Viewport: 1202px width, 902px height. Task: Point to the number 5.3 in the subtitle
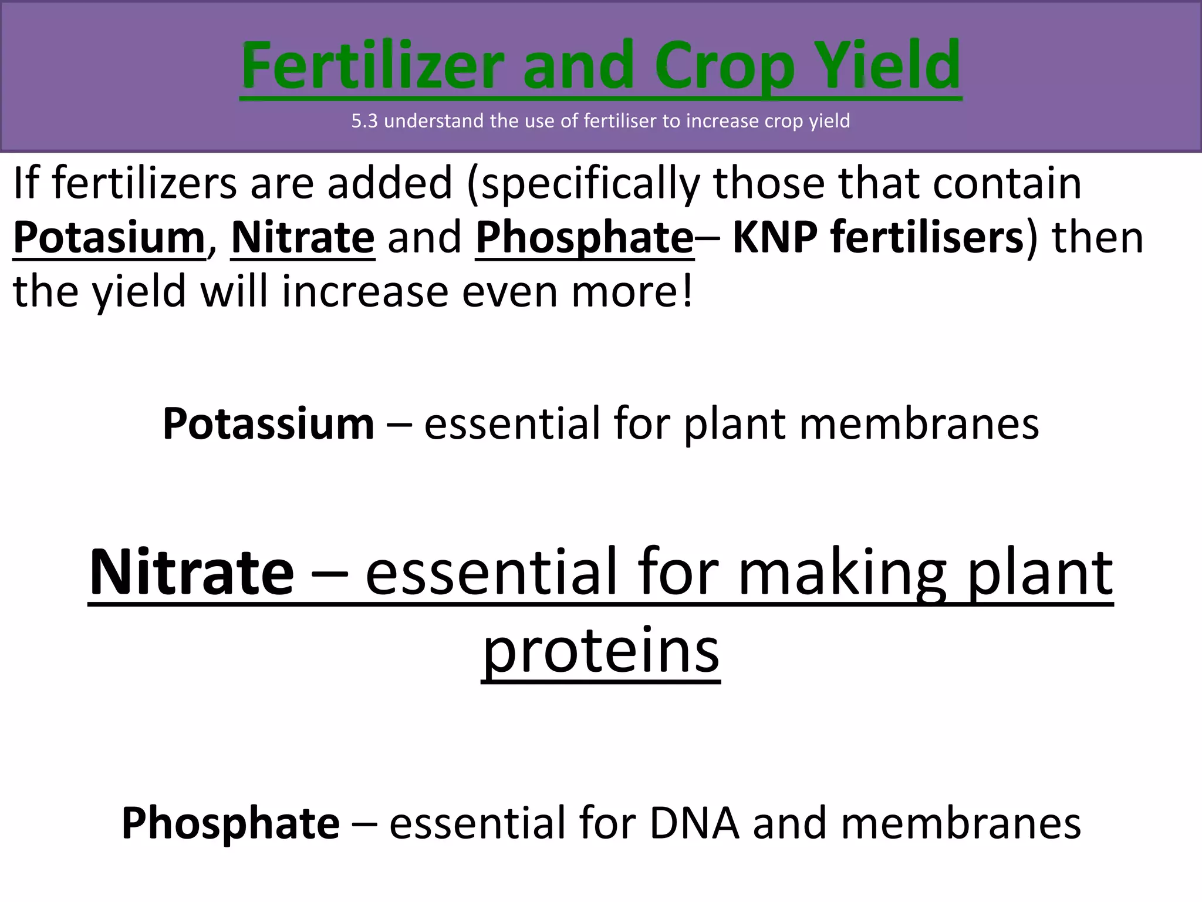click(364, 121)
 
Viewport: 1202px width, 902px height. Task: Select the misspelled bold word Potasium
click(109, 237)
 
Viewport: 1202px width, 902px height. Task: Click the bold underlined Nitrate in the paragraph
click(303, 237)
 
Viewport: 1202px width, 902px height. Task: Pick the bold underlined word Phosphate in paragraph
click(585, 237)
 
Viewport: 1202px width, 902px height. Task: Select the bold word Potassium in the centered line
click(268, 423)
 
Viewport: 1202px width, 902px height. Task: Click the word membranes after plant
click(919, 423)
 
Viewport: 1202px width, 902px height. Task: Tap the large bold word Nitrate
click(191, 571)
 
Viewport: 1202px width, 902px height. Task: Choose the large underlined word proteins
click(600, 651)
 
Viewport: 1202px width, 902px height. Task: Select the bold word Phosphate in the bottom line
click(230, 823)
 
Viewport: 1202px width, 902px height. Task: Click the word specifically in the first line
click(589, 184)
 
